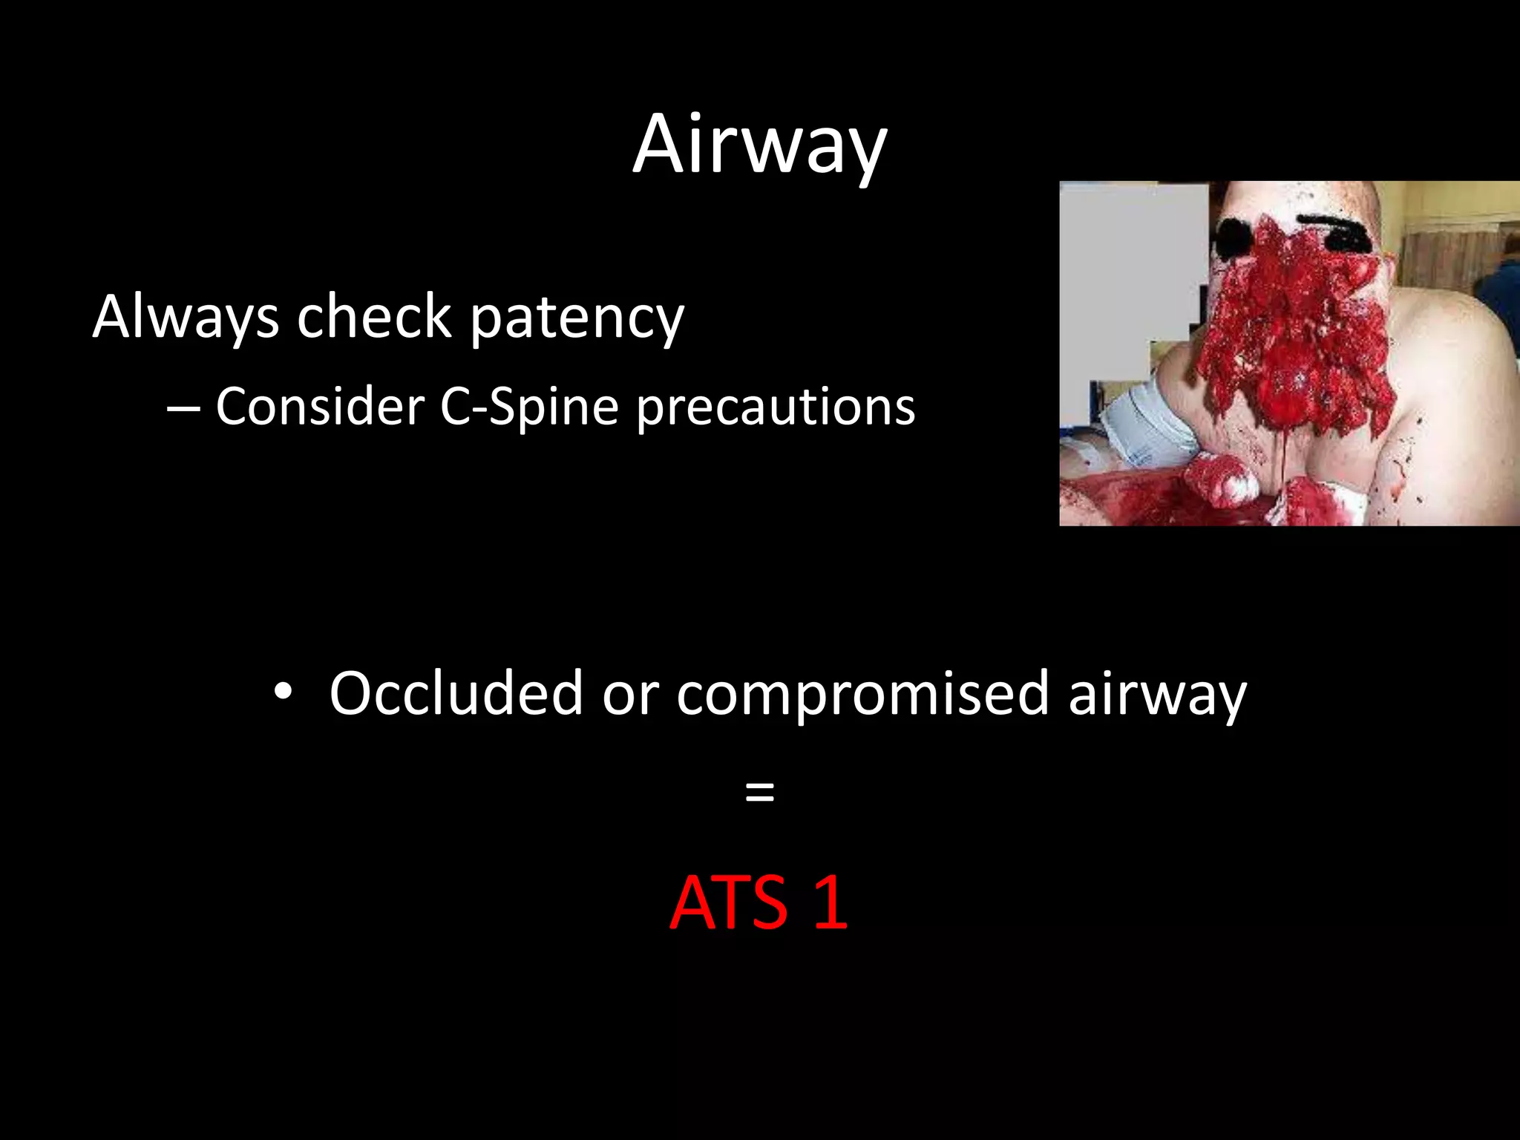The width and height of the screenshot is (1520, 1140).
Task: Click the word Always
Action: (x=186, y=318)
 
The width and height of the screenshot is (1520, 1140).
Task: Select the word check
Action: (x=374, y=318)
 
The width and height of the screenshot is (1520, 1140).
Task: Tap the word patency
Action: (x=577, y=319)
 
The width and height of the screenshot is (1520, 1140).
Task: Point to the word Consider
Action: (x=319, y=407)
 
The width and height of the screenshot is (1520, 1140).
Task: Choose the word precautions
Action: (x=776, y=408)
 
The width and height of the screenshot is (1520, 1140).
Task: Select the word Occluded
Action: (x=456, y=693)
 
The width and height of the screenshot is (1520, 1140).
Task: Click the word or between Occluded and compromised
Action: (x=629, y=695)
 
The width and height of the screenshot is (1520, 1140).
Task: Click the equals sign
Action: (x=759, y=792)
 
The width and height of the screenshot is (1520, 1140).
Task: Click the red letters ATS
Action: (x=728, y=902)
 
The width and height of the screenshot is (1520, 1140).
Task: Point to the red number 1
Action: (x=831, y=902)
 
